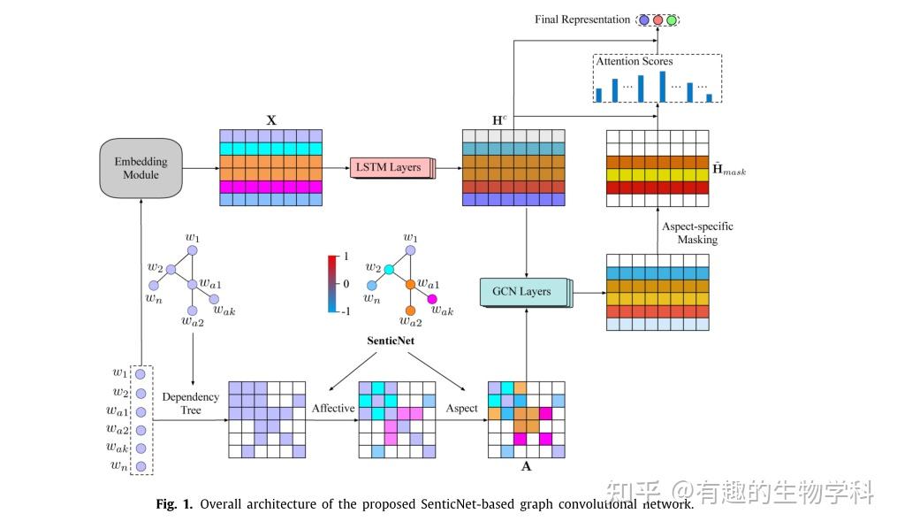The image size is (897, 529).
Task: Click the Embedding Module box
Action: coord(141,168)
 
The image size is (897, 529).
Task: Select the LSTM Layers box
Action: coord(388,167)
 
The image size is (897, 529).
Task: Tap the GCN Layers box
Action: coord(522,291)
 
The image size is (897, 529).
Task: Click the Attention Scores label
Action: coord(634,62)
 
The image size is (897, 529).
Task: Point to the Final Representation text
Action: coord(582,19)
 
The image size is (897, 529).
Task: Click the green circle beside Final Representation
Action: coord(672,19)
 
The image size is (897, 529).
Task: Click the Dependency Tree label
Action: coord(191,403)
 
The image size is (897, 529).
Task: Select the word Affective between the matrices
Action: coord(332,409)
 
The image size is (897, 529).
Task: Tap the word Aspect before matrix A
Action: coord(460,409)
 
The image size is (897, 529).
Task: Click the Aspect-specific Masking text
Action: coord(697,233)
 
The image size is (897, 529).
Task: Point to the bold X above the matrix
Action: coord(271,119)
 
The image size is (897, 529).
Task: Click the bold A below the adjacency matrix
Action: coord(527,466)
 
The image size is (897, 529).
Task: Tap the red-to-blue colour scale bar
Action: coord(333,284)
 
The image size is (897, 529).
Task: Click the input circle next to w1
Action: coord(141,374)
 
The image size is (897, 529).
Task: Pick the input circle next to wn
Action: coord(141,465)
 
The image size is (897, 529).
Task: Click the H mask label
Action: coord(729,170)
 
